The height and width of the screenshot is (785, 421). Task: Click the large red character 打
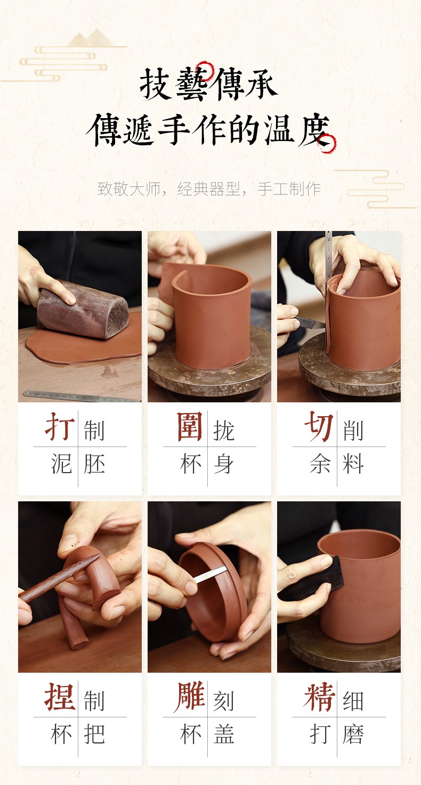(60, 426)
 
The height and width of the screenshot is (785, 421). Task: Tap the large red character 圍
(190, 426)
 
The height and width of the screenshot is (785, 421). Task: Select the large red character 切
(319, 426)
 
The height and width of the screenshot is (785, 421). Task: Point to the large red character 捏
(60, 697)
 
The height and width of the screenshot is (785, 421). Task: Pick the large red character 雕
(190, 697)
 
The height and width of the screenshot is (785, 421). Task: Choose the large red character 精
(319, 697)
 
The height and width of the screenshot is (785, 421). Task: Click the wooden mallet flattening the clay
(83, 309)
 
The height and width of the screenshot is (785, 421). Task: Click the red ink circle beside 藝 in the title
(205, 71)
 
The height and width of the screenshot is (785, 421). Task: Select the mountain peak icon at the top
(91, 38)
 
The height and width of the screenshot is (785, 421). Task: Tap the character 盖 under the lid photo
(224, 734)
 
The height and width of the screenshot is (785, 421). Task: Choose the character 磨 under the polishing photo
(353, 734)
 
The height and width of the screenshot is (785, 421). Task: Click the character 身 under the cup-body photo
(223, 464)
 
